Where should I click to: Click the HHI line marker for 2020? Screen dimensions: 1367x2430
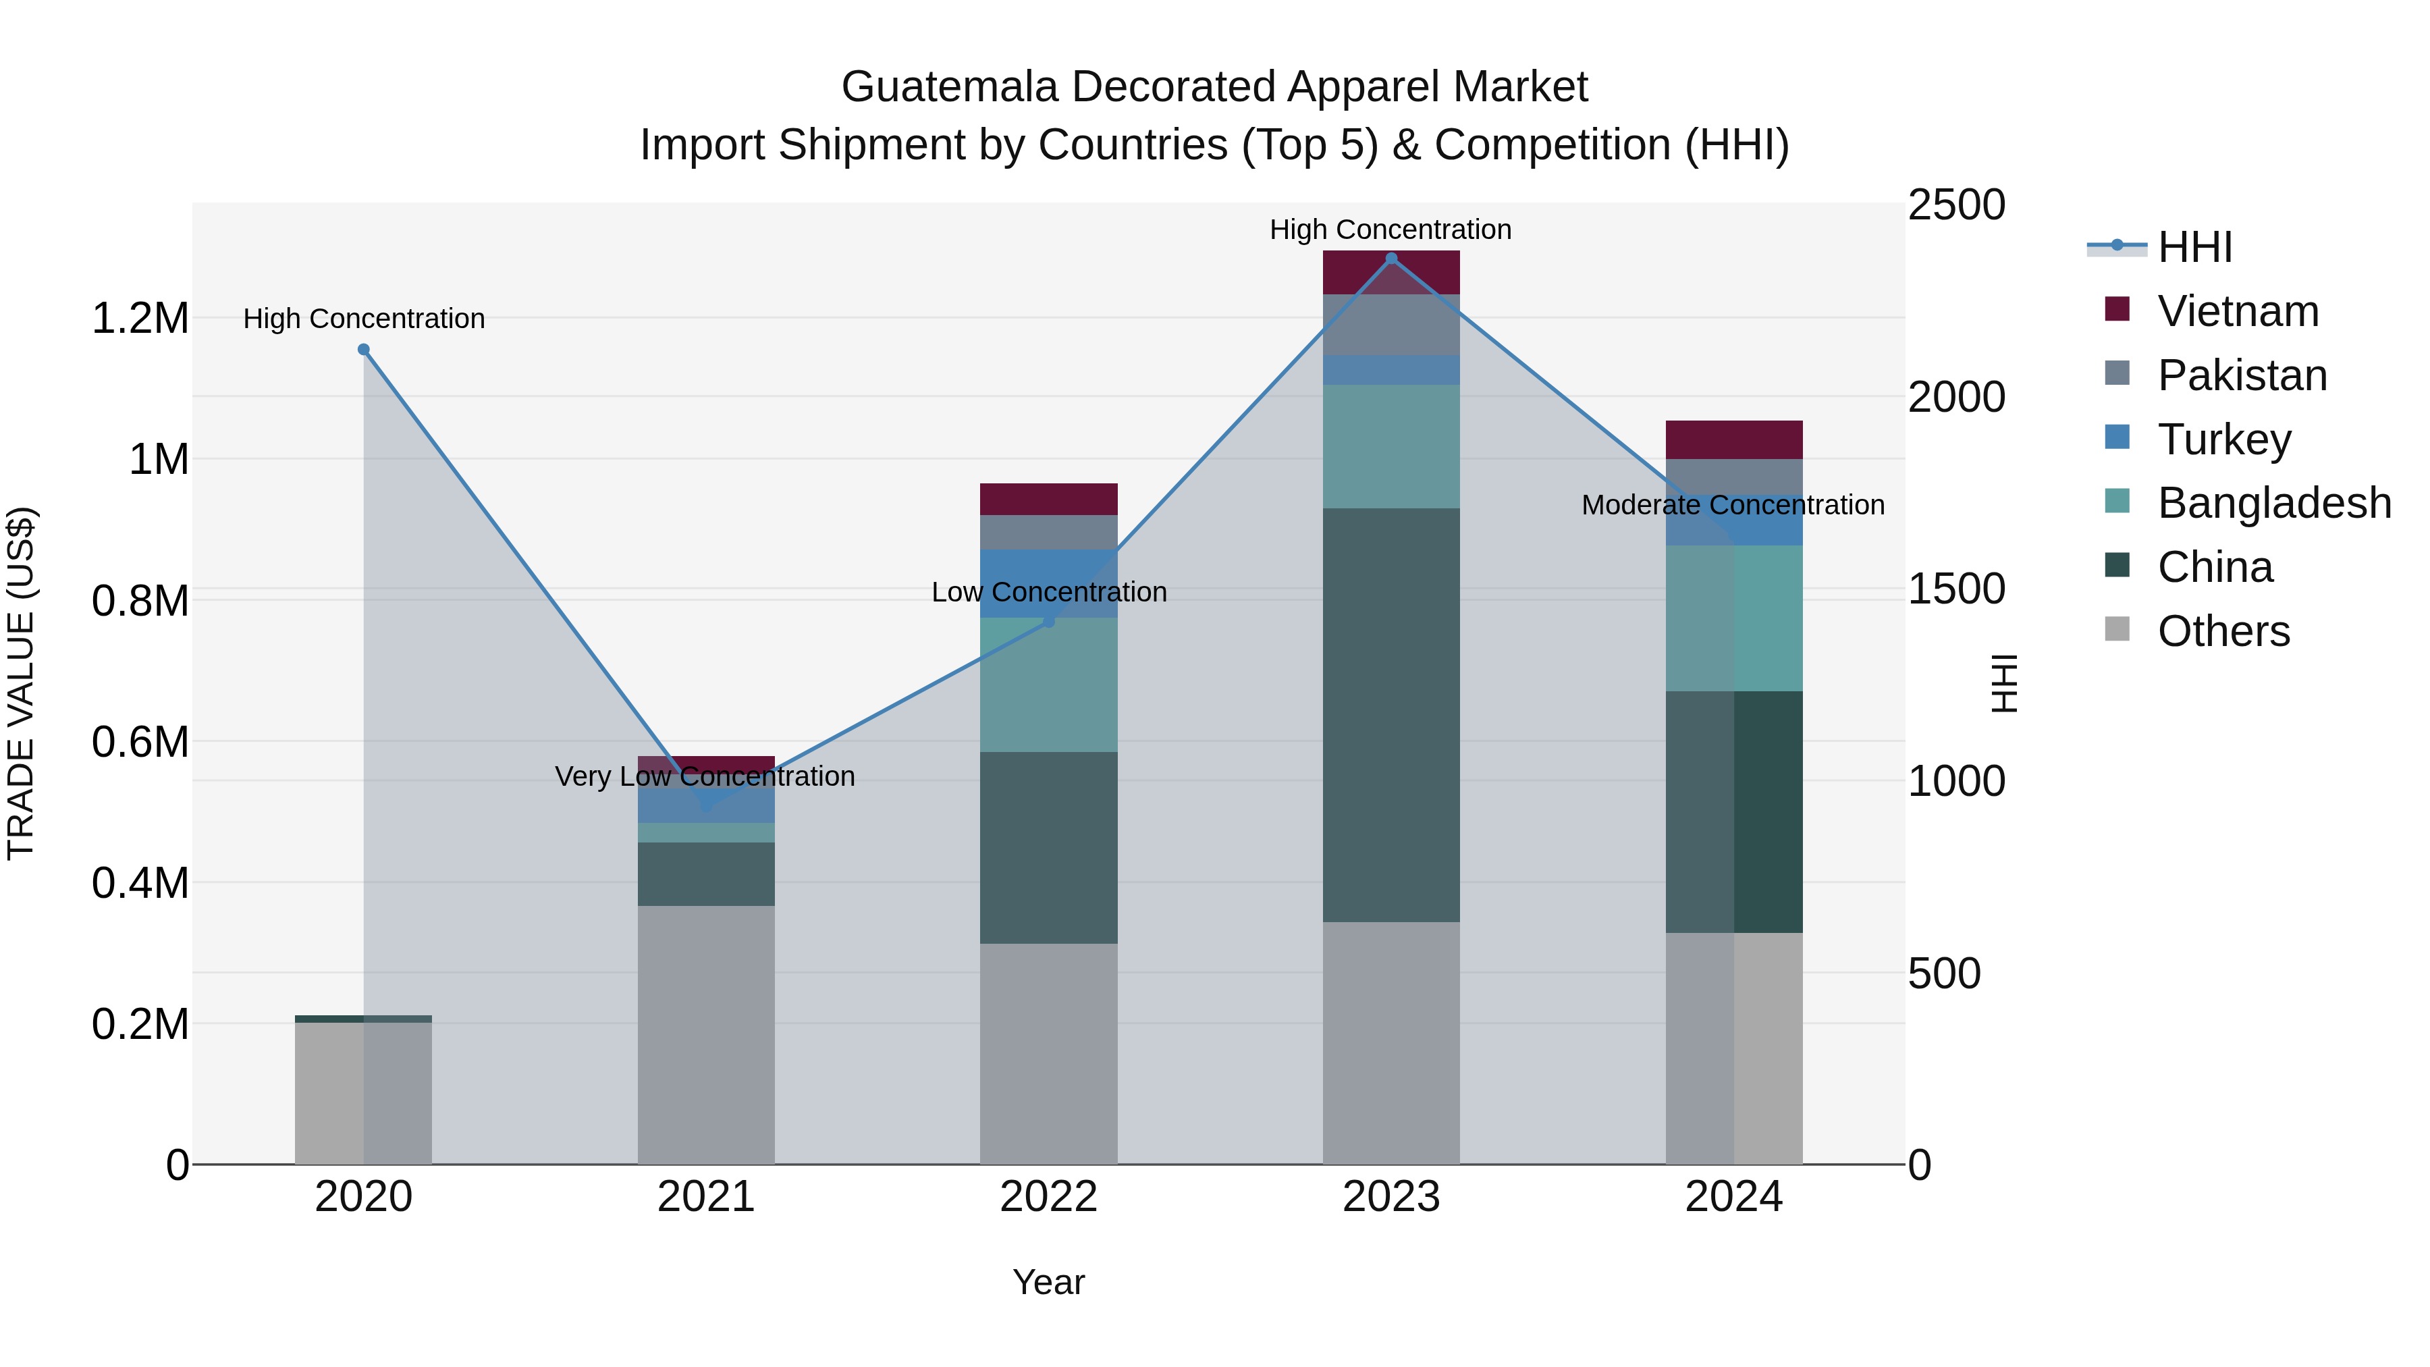(x=363, y=350)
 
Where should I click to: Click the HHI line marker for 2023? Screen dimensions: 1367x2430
(x=1390, y=259)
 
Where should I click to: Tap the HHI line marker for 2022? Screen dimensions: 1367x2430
(x=1048, y=622)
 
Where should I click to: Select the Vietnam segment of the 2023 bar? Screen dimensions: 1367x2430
(x=1390, y=273)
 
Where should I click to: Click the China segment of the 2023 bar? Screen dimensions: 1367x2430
(x=1390, y=715)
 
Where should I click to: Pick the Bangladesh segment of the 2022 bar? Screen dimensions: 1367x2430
(x=1048, y=685)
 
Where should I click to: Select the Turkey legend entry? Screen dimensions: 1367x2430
(x=2223, y=439)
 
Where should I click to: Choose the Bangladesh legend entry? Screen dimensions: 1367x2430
(x=2273, y=503)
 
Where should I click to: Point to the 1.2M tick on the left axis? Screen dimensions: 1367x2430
(x=140, y=319)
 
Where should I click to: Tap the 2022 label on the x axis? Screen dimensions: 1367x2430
(x=1048, y=1197)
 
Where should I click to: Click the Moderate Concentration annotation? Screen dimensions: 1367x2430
(x=1732, y=505)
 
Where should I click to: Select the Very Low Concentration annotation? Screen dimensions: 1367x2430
(x=705, y=776)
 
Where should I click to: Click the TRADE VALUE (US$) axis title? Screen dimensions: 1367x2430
(x=21, y=683)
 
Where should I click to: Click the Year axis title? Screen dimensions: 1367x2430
(x=1048, y=1282)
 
